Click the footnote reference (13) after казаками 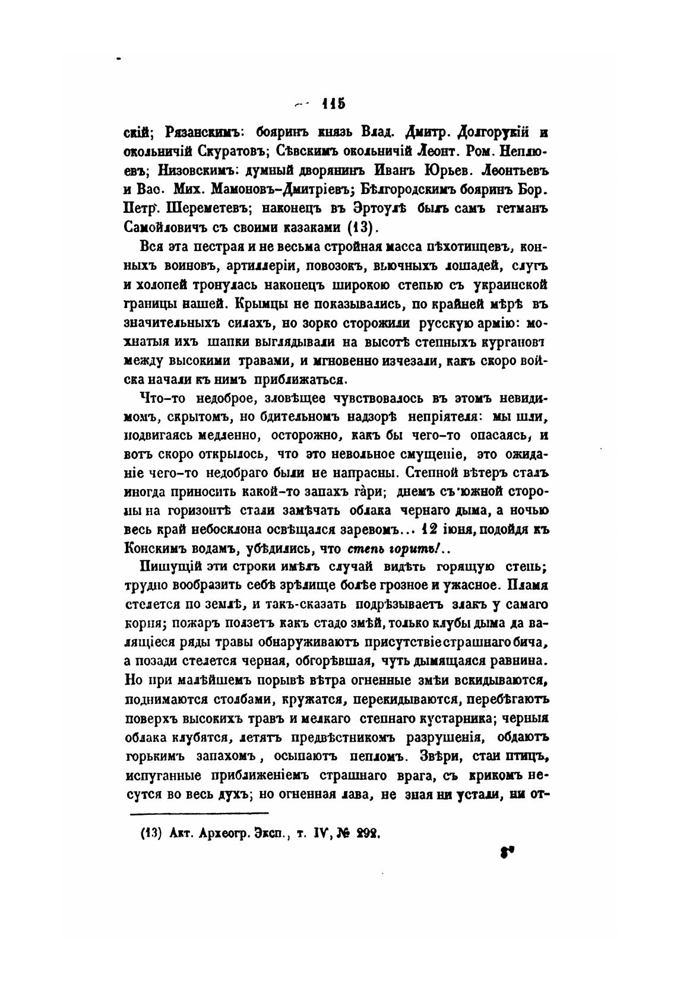click(362, 228)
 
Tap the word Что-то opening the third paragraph click(157, 399)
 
